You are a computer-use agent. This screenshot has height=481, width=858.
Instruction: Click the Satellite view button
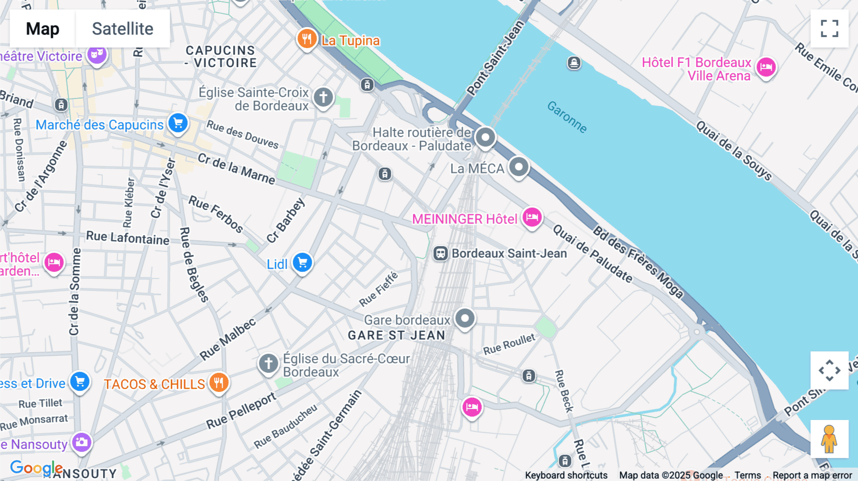[123, 29]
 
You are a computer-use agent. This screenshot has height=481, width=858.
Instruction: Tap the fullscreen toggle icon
[829, 29]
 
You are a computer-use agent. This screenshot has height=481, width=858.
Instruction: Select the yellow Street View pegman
[829, 439]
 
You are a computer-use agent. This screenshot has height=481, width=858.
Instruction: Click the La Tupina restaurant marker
[306, 39]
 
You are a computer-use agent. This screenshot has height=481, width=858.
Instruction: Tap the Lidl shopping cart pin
[302, 262]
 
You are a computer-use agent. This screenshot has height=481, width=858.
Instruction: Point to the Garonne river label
[567, 117]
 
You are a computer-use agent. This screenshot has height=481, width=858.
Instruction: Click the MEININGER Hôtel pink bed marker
[532, 218]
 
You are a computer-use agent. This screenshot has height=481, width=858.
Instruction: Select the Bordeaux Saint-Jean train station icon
[440, 253]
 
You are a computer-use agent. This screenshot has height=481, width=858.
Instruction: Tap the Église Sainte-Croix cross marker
[323, 97]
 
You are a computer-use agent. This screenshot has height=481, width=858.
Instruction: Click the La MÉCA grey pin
[519, 167]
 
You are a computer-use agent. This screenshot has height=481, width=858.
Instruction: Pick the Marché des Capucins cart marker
[178, 123]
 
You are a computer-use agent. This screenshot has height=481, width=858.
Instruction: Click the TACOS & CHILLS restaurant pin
[219, 382]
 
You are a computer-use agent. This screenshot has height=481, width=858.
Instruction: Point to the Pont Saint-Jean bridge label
[495, 58]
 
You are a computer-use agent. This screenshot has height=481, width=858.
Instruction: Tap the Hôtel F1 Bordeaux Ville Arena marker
[766, 67]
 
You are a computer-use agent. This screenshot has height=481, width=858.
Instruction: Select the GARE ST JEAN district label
[397, 336]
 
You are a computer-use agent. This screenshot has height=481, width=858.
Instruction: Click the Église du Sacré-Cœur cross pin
[268, 364]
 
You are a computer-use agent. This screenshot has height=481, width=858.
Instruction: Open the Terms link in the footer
[747, 475]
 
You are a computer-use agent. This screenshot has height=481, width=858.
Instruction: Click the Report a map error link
[812, 475]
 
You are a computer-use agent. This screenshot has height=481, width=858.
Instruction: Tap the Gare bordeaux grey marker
[465, 318]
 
